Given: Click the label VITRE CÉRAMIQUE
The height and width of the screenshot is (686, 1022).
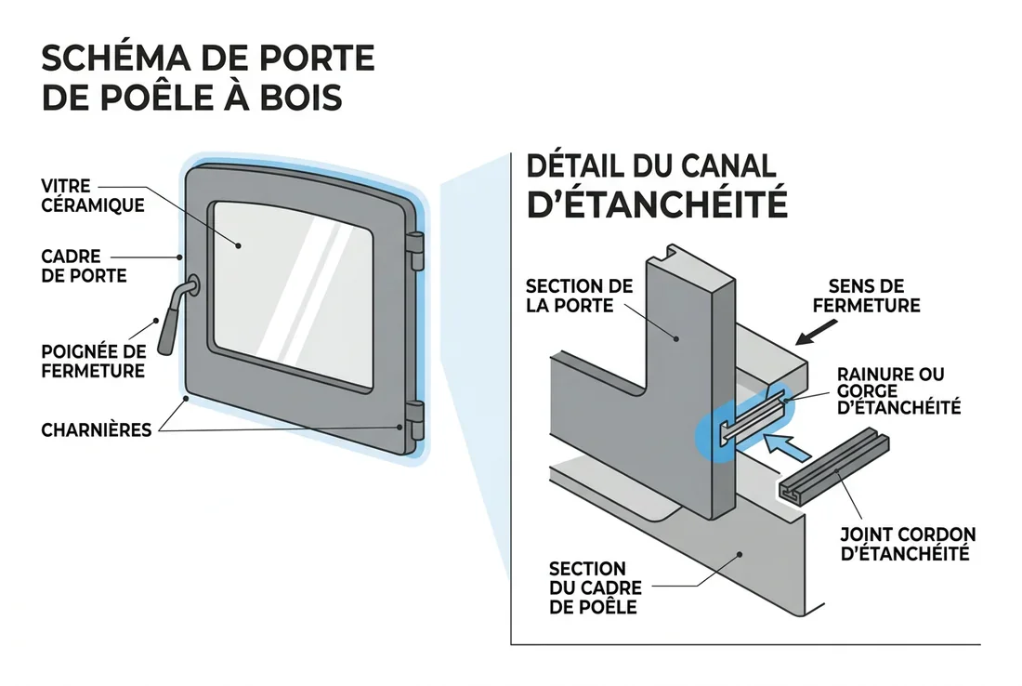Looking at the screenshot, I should coord(93,196).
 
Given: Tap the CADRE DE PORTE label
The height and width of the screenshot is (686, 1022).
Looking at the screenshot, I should coord(84,266).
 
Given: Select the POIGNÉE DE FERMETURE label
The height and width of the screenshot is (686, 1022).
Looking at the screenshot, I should coord(93,361).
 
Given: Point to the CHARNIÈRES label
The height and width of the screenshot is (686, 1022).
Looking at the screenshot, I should coord(98,430).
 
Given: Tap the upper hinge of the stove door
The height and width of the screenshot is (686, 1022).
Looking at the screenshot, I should coord(416,251).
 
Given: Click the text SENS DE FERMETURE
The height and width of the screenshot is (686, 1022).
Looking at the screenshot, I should coord(865,296).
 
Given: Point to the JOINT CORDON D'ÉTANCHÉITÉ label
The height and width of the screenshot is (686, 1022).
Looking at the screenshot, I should coord(907,544).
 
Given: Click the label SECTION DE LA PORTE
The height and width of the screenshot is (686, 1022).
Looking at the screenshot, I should coord(579,295).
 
